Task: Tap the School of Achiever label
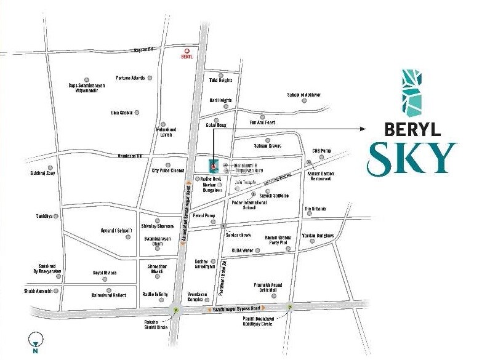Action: [303, 95]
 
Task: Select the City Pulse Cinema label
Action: [167, 170]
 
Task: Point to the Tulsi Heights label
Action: [221, 81]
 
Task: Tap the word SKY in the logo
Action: [412, 158]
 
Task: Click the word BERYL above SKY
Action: [412, 129]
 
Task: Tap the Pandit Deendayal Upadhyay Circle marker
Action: [290, 306]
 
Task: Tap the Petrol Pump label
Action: [204, 215]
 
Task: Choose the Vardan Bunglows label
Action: [318, 236]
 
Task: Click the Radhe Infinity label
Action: [155, 294]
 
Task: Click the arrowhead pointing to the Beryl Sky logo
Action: [363, 129]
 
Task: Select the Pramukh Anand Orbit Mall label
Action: [268, 288]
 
